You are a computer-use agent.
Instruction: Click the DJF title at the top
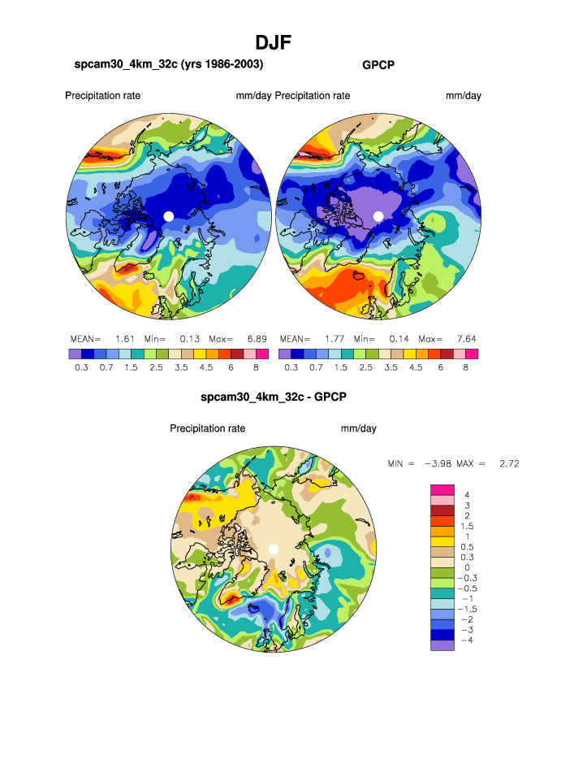(x=273, y=42)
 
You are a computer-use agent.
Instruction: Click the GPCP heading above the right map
(x=378, y=64)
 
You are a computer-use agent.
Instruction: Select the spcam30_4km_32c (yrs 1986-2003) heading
(x=169, y=63)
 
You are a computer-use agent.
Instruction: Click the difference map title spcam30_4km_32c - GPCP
(x=274, y=397)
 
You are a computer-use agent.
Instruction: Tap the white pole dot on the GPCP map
(x=378, y=215)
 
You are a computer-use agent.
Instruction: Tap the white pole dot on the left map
(x=168, y=215)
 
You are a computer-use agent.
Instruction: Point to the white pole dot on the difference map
(x=274, y=549)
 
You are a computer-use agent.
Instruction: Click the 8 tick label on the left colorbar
(x=257, y=367)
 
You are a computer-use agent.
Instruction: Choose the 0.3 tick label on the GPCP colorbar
(x=291, y=367)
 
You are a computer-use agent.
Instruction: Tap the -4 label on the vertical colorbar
(x=466, y=641)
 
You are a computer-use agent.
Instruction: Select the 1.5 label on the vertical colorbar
(x=468, y=527)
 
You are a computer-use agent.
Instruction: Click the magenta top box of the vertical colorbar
(x=442, y=488)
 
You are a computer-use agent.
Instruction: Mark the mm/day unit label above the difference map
(x=358, y=428)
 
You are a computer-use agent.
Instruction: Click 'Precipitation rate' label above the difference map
(x=207, y=428)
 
